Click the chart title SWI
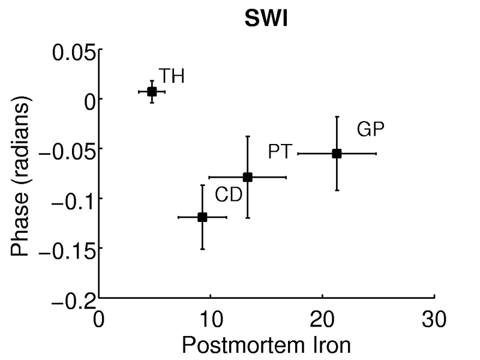point(266,20)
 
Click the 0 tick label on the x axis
point(99,316)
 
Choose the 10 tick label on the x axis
point(211,316)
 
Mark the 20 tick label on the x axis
point(322,316)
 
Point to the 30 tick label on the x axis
point(434,316)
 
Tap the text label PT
point(280,152)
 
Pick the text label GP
point(370,128)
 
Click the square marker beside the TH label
point(152,92)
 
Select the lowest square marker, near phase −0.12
point(202,217)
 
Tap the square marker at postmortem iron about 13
point(247,177)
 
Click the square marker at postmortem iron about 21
point(337,154)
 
